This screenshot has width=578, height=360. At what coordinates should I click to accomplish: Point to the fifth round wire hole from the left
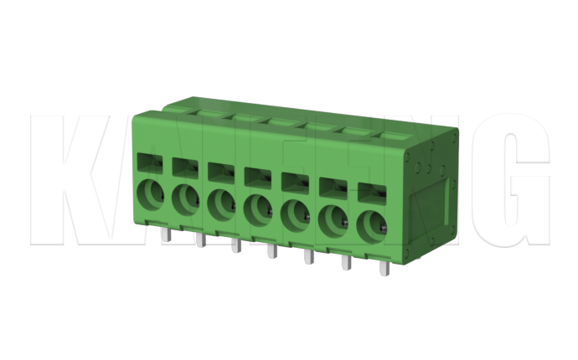[295, 214]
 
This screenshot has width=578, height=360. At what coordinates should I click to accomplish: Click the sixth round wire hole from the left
[333, 219]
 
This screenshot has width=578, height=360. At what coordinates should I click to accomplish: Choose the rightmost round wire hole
[373, 225]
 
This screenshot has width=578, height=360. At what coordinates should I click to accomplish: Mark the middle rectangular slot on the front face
[256, 175]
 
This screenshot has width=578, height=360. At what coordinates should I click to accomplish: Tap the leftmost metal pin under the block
[165, 234]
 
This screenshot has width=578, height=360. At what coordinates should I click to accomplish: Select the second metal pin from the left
[199, 240]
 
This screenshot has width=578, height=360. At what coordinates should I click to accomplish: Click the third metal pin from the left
[235, 245]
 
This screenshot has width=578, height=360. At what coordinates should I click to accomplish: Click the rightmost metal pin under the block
[384, 269]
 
